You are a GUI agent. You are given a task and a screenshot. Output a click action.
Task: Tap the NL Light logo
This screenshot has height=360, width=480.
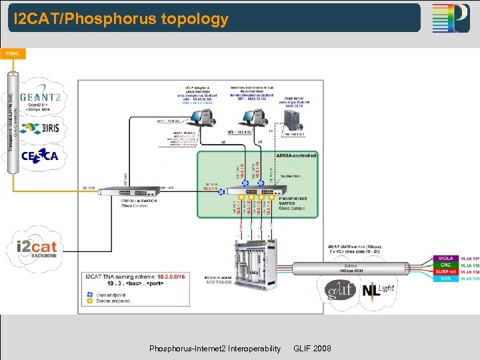point(377,291)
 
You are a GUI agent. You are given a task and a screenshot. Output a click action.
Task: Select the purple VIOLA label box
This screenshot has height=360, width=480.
point(444,258)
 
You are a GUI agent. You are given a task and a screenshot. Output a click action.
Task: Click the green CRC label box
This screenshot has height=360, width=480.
point(444,265)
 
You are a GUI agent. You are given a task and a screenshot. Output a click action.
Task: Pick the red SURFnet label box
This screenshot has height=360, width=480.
point(444,271)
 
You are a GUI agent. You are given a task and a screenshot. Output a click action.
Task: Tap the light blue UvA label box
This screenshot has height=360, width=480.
point(444,278)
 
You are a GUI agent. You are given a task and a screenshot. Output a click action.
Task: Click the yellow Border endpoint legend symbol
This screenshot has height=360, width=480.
point(90,300)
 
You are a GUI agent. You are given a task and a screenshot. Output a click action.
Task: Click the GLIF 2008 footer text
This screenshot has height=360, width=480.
point(311,349)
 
